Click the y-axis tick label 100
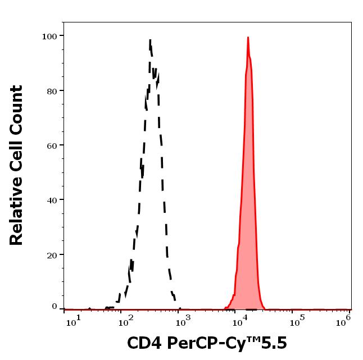click(49, 36)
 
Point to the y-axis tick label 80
click(51, 90)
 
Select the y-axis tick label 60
click(51, 145)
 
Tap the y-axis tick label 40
click(51, 200)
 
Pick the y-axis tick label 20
click(51, 254)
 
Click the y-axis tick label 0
click(55, 307)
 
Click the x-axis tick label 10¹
click(74, 320)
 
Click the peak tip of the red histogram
click(248, 38)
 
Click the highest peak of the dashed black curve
click(151, 40)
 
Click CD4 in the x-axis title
click(143, 343)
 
